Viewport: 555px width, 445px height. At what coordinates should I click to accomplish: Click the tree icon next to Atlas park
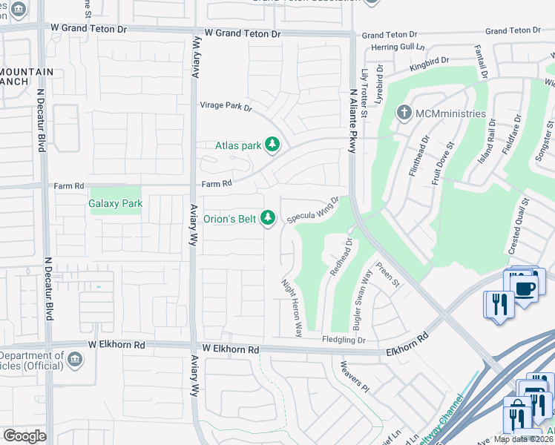(272, 145)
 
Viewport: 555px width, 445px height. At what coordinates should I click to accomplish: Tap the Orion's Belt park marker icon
(269, 217)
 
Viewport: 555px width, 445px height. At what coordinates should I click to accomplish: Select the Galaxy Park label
(115, 202)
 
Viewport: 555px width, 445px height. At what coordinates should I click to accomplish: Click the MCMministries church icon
(404, 113)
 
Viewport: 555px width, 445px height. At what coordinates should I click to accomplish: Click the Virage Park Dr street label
(226, 106)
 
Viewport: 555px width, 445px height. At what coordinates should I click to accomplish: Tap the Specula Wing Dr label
(312, 210)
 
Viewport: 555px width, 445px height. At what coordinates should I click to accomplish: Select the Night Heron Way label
(292, 308)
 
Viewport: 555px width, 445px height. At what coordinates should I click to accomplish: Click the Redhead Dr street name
(339, 257)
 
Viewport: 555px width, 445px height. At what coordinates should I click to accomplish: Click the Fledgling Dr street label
(344, 340)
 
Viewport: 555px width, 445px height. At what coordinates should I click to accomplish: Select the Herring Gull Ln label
(387, 46)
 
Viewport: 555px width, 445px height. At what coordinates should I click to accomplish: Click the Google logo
(24, 435)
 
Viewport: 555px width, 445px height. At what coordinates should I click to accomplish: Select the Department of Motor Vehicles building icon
(75, 360)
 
